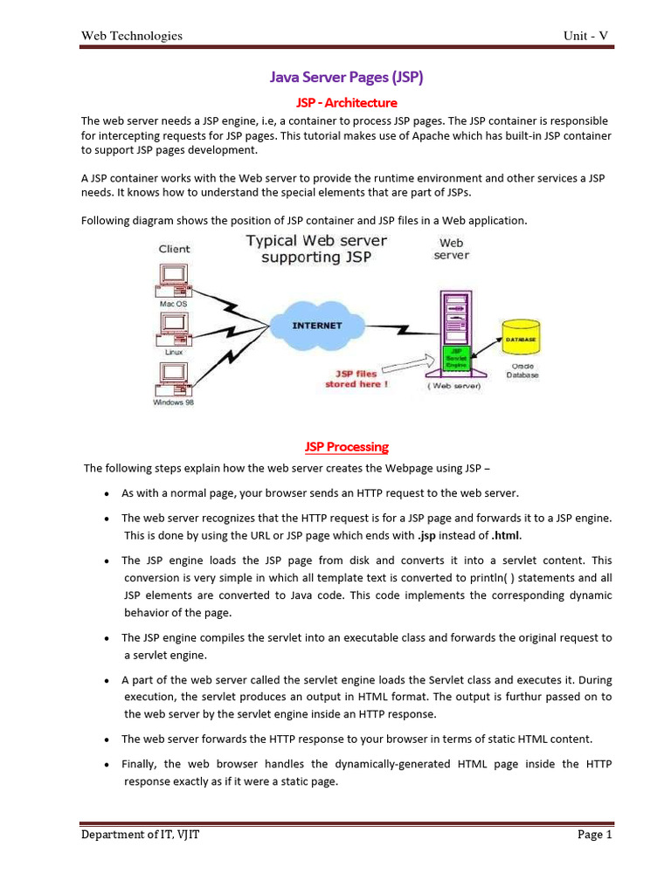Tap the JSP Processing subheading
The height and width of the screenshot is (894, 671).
point(346,447)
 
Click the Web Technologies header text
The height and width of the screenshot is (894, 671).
point(132,36)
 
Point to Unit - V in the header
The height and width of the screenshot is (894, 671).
point(585,36)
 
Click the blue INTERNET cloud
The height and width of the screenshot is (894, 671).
point(316,327)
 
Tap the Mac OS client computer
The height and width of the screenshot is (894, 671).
point(173,280)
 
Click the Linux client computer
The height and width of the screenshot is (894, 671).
point(173,328)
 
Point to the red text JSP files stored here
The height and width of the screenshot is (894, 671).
point(356,379)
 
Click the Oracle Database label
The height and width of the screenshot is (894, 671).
point(522,370)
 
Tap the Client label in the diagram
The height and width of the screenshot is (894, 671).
point(174,249)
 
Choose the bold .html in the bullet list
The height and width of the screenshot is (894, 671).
point(510,536)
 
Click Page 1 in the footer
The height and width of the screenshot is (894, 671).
point(595,836)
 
